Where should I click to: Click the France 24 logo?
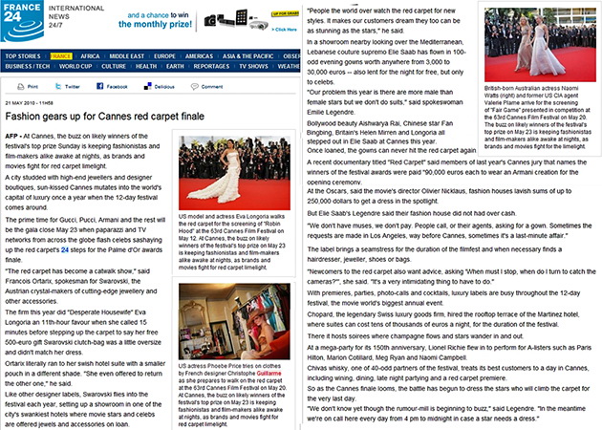22,20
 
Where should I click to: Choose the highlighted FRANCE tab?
61,56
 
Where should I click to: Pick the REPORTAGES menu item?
211,67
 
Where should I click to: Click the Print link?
30,87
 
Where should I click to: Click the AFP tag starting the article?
12,138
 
